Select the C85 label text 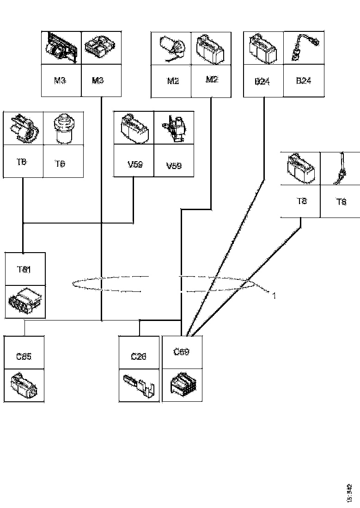click(24, 357)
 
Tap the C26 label click(139, 357)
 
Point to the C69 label click(182, 352)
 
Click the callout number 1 click(274, 295)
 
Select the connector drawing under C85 click(24, 385)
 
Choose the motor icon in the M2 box click(171, 48)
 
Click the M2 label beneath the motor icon click(173, 81)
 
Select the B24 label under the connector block click(262, 82)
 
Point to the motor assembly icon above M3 click(60, 48)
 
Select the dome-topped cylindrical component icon click(63, 128)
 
